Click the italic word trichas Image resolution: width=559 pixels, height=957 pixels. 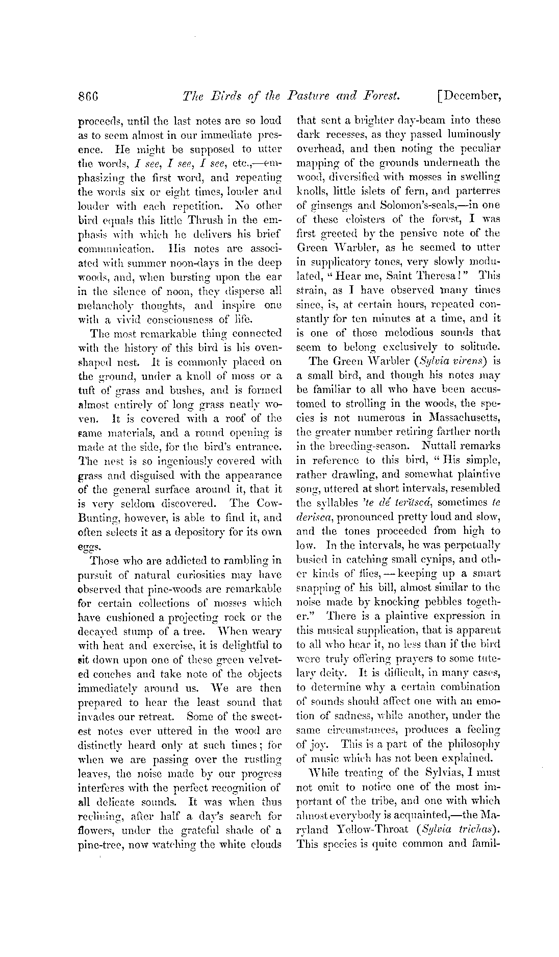[478, 829]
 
